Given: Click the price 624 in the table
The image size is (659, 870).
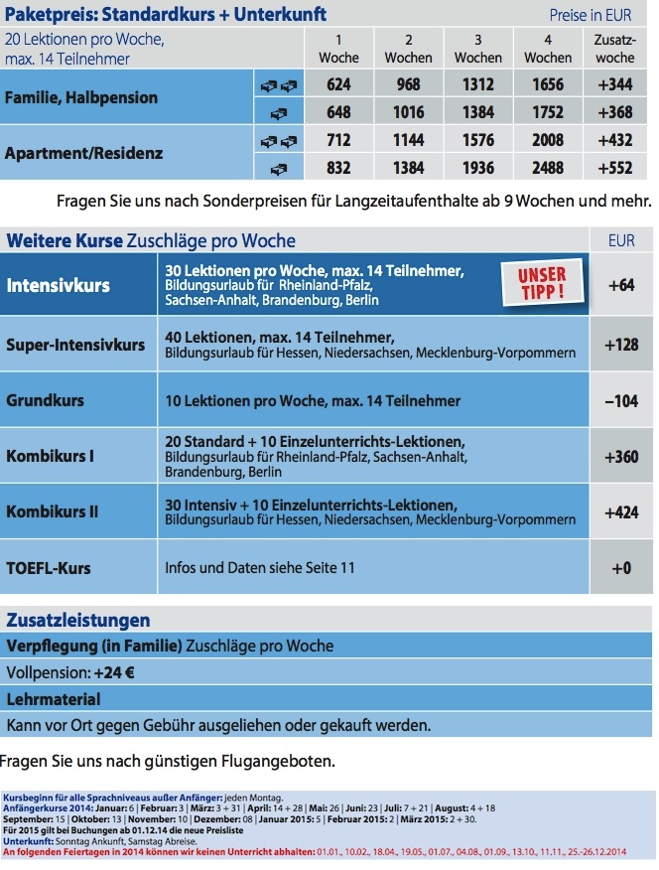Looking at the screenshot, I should pyautogui.click(x=338, y=84).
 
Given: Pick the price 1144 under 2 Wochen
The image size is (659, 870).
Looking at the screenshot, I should pyautogui.click(x=409, y=140).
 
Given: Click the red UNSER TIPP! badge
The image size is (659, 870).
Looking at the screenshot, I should pyautogui.click(x=541, y=284).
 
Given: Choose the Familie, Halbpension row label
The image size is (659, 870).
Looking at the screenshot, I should pyautogui.click(x=81, y=97).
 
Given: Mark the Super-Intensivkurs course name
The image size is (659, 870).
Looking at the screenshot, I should pyautogui.click(x=75, y=345).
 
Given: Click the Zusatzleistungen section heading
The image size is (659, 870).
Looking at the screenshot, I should pyautogui.click(x=78, y=621).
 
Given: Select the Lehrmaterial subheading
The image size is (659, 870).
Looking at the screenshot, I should pyautogui.click(x=54, y=699).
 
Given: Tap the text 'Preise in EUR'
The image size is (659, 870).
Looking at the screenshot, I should pyautogui.click(x=590, y=16).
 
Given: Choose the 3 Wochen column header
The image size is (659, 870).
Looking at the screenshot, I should pyautogui.click(x=477, y=48).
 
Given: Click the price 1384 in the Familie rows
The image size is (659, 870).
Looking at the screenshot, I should pyautogui.click(x=477, y=112).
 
